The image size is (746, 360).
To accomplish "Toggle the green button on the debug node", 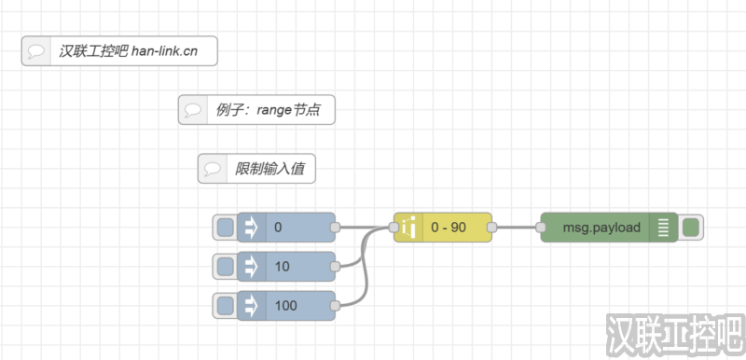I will (691, 227).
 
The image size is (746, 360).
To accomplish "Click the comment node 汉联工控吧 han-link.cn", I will (119, 50).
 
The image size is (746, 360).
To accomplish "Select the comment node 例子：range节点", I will (256, 109).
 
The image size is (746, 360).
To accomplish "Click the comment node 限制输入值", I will (257, 169).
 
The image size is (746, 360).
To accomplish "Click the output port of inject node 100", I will (336, 305).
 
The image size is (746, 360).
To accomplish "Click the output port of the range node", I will (492, 227).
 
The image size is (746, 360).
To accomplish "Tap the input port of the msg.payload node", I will (540, 227).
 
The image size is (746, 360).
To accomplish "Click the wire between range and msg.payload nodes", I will (516, 227).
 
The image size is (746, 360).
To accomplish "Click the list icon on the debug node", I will (663, 227).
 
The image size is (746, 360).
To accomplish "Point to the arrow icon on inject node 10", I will (250, 266).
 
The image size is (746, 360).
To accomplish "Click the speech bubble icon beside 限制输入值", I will (213, 169).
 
